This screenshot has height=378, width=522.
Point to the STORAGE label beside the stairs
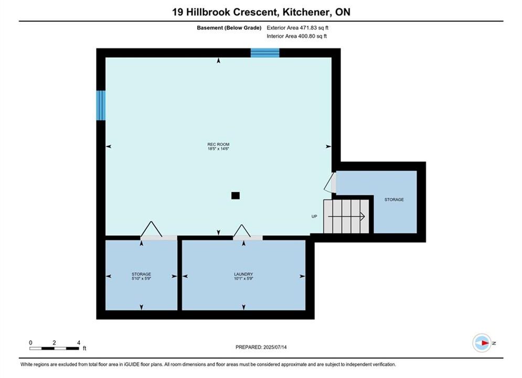click(x=394, y=199)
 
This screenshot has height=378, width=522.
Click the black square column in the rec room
click(x=236, y=195)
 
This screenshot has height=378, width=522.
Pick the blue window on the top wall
click(x=265, y=53)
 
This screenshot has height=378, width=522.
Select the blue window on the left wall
click(x=101, y=105)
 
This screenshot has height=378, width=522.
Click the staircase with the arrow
click(x=346, y=216)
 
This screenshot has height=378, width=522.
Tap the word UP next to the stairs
click(x=314, y=216)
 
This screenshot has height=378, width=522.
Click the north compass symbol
click(x=482, y=343)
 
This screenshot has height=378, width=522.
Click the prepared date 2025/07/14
click(x=275, y=347)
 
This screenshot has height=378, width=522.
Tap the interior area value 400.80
click(x=306, y=36)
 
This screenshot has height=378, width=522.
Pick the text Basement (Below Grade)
click(x=229, y=28)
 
